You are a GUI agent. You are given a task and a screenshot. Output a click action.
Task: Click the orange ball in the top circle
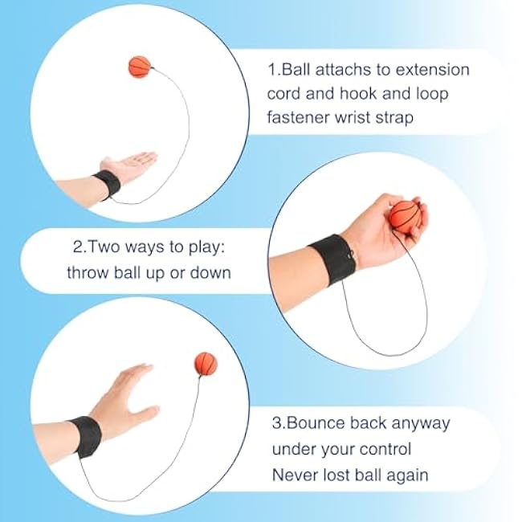pyautogui.click(x=140, y=67)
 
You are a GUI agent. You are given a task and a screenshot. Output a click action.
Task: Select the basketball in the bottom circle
pyautogui.click(x=206, y=364)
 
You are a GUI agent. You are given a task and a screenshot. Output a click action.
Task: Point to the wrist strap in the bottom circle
pyautogui.click(x=86, y=436)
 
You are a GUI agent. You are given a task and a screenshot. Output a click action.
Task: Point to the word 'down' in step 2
pyautogui.click(x=210, y=273)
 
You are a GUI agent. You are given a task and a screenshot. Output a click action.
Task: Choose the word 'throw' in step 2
pyautogui.click(x=88, y=273)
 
